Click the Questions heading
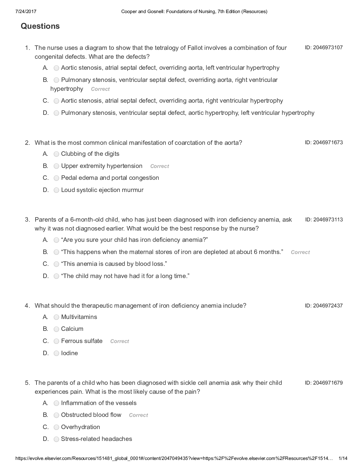point(40,26)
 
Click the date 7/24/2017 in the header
point(26,12)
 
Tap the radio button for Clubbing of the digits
point(56,154)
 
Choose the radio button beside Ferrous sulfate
point(56,341)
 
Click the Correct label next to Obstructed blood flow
point(138,415)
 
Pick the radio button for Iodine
point(56,353)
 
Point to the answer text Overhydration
point(80,427)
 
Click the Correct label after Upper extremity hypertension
point(160,166)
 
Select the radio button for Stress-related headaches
point(56,439)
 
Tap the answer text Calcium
point(72,329)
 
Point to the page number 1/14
point(343,458)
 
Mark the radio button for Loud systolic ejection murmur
point(56,190)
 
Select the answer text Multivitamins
point(79,317)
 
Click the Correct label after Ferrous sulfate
point(120,341)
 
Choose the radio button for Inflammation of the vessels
point(56,403)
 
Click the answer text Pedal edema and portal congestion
point(110,178)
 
